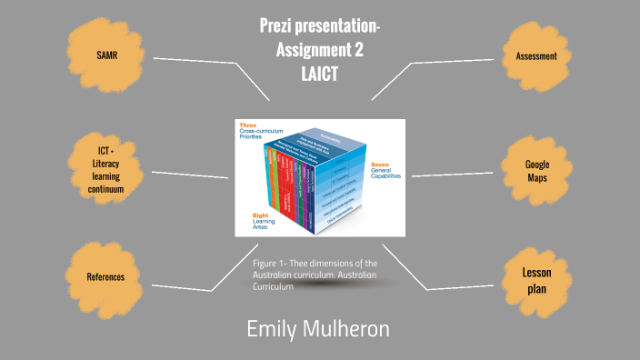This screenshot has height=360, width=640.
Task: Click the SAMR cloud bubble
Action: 107,55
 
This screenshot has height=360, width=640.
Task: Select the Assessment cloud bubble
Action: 535,56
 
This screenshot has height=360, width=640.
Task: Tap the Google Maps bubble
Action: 537,170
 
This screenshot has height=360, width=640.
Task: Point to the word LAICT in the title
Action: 319,75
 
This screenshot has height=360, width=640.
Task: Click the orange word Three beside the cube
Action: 246,124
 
